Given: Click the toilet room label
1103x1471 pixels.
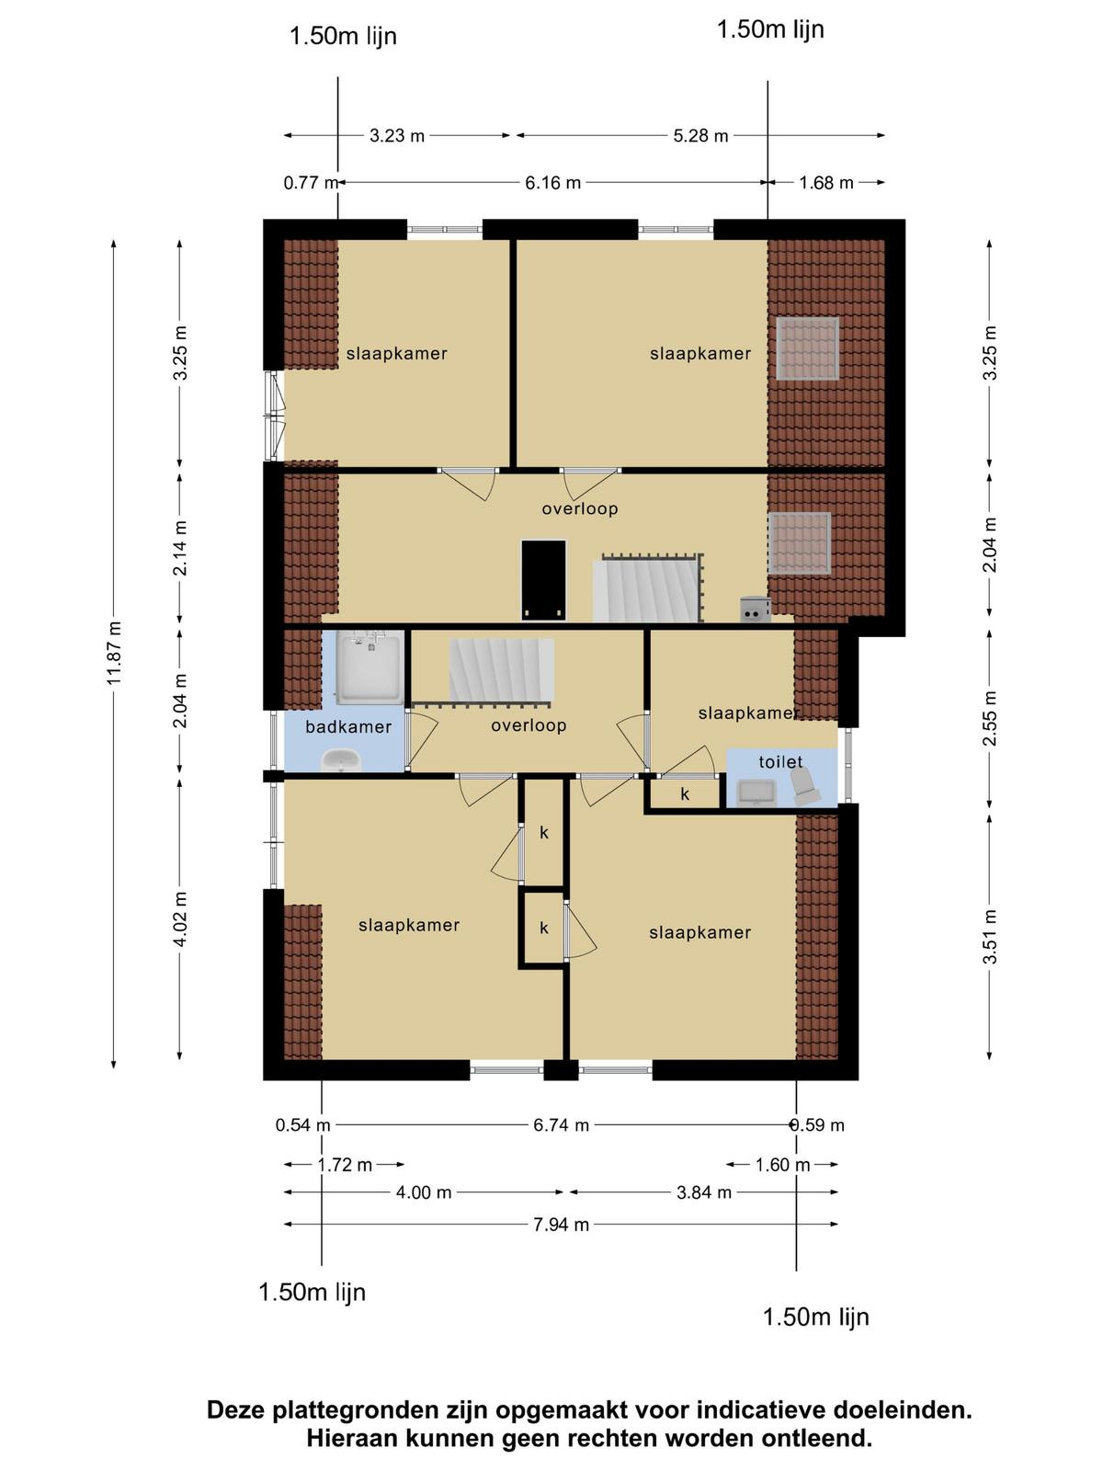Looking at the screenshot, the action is [780, 762].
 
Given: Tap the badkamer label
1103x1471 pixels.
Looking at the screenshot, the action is [348, 727].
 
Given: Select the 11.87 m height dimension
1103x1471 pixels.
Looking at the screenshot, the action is [115, 654].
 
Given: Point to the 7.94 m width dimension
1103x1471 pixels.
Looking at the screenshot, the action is [562, 1225].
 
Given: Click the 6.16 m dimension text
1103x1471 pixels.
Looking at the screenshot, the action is [552, 182].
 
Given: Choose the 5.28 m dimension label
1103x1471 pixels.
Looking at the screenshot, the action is [700, 135].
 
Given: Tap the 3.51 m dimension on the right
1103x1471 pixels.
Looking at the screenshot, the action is [990, 936].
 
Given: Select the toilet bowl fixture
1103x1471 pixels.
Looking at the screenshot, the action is [802, 786].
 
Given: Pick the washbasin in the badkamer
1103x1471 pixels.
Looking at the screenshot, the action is [342, 761].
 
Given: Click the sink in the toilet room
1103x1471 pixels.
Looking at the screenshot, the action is [756, 793].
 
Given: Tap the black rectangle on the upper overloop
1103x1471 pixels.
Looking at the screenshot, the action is [544, 580].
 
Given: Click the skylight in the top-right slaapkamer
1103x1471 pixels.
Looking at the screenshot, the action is [808, 348].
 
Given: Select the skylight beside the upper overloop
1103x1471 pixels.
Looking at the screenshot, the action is [800, 543].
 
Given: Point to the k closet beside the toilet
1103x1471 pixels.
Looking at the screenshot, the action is [685, 794].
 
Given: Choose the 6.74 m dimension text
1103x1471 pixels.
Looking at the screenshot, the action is [562, 1125].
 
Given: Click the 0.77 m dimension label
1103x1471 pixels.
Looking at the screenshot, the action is [311, 182].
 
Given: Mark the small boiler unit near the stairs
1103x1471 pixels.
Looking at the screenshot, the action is [755, 610].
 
